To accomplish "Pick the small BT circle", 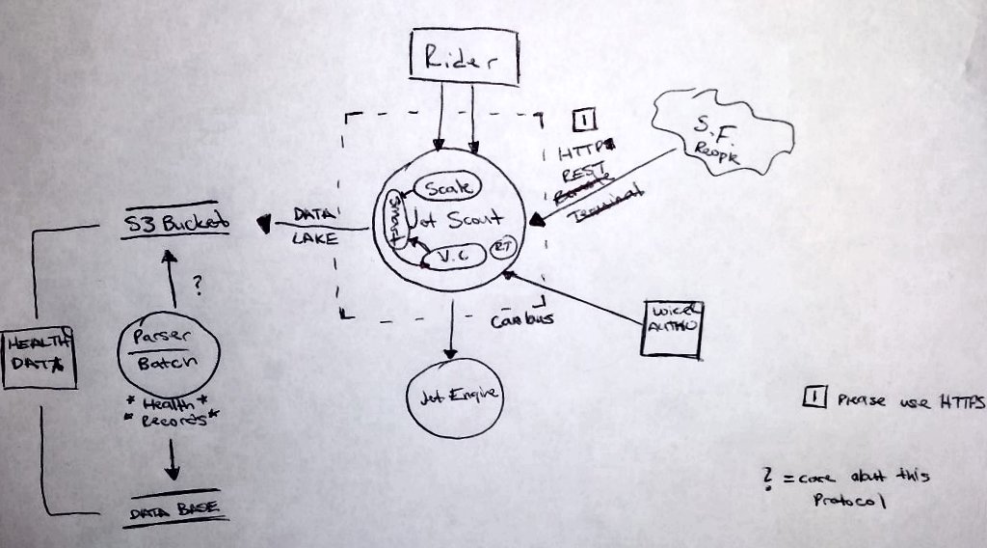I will click(502, 247).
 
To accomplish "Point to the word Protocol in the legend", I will click(848, 501).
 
